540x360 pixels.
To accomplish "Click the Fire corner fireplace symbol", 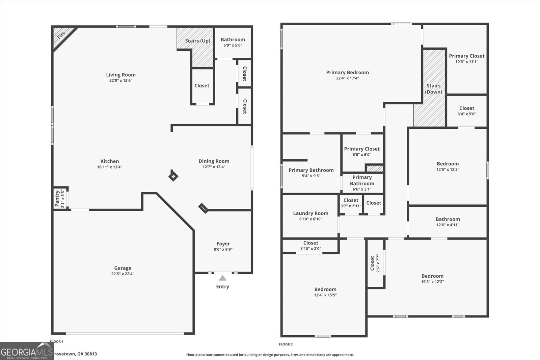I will point(61,35).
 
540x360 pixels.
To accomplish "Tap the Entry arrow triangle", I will point(222,278).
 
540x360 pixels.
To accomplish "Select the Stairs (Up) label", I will point(197,41).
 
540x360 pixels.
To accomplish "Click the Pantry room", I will point(59,199).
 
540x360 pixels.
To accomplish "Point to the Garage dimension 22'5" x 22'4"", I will point(123,274).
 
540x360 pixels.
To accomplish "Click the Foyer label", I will point(223,243).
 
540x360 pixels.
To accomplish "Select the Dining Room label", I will point(214,161).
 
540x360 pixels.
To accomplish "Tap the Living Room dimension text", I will point(120,80).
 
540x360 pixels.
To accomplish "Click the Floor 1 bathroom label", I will point(233,40).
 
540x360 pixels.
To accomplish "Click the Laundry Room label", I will point(310,213).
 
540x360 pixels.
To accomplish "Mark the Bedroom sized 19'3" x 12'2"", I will point(432,278).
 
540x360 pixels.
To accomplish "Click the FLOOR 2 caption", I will point(286,344).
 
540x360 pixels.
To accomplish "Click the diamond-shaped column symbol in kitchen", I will point(173,176).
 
